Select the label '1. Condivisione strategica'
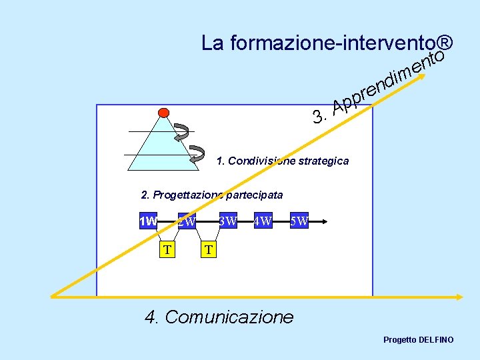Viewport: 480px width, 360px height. pos(283,161)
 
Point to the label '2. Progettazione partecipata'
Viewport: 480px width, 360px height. pos(212,195)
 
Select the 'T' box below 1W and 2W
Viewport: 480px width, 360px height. pos(168,249)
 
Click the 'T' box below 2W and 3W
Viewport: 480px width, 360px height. pos(209,249)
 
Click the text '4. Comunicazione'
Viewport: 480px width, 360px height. pos(219,316)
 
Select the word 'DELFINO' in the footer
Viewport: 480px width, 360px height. pos(437,340)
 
